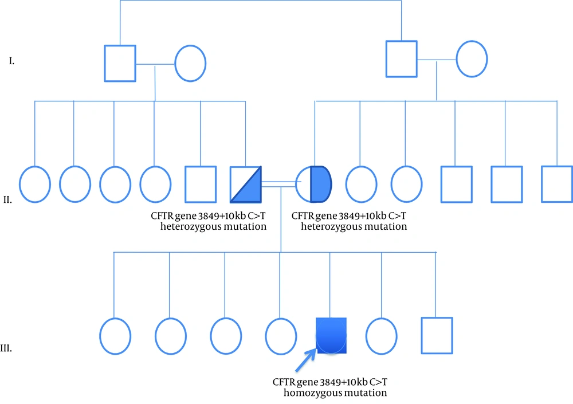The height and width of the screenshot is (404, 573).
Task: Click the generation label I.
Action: coord(11,61)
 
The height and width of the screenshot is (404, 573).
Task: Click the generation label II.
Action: coord(7,199)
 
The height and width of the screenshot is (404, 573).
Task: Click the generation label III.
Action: coord(6,348)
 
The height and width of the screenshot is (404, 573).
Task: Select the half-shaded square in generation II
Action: coord(246,185)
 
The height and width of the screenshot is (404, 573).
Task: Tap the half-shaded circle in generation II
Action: coord(313,185)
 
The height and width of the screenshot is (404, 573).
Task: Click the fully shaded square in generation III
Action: coord(331,336)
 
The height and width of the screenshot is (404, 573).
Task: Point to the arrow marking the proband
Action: coord(306,360)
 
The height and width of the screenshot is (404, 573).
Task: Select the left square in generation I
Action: coord(120,63)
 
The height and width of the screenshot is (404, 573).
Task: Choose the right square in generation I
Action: coord(402,59)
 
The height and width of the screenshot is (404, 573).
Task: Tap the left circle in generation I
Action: coord(190,63)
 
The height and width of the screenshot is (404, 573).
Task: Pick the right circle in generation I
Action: coord(472,59)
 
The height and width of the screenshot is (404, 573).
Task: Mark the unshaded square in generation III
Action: coord(437,336)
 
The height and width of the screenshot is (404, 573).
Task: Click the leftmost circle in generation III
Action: coord(115,336)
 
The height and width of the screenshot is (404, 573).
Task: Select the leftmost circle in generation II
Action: coord(35,185)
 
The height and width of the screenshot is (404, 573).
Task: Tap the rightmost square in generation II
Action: coord(557,184)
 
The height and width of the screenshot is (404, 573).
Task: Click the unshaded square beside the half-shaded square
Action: coord(201,185)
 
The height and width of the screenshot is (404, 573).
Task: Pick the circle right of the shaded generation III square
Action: coord(382,336)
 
